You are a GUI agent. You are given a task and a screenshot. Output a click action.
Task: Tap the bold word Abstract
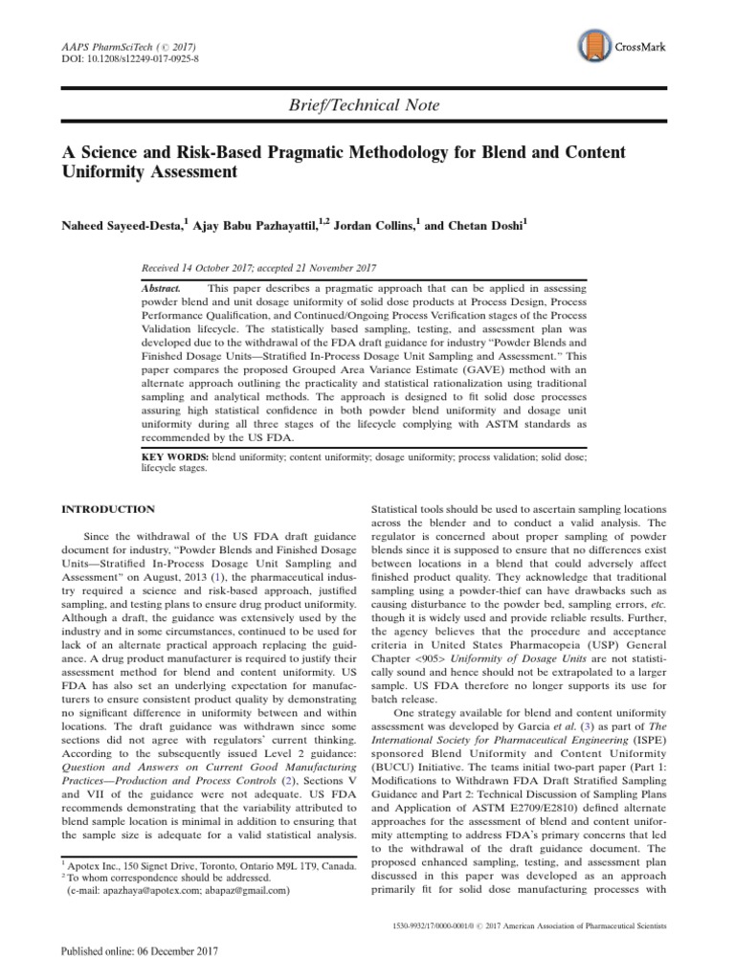pyautogui.click(x=160, y=286)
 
